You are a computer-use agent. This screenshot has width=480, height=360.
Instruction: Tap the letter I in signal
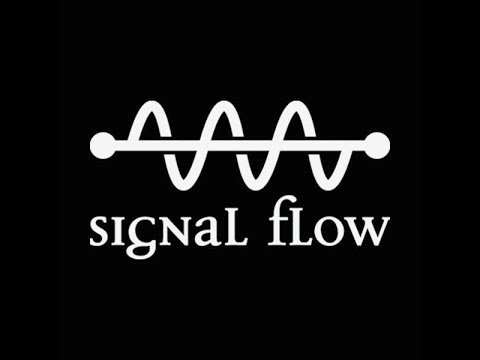[x=129, y=229]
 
